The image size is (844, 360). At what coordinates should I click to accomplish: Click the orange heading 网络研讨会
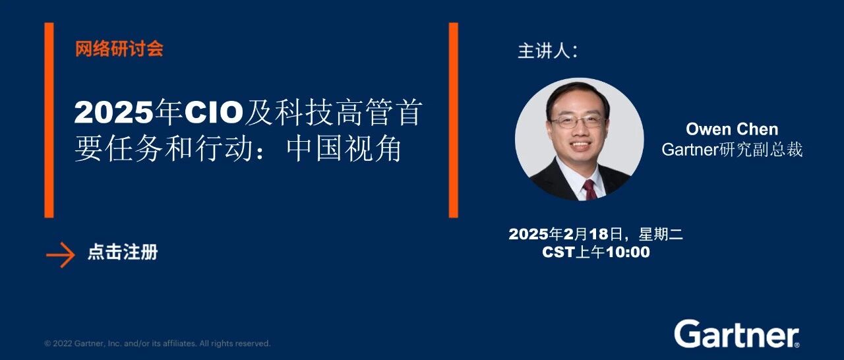coord(119,49)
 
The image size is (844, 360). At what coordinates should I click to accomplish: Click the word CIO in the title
coord(214,112)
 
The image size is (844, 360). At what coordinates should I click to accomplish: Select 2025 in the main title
coord(114,112)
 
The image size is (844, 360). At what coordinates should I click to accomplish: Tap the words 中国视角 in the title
coord(344,149)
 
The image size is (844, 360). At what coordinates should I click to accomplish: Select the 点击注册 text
coord(123,252)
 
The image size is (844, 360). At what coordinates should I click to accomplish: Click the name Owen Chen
coord(732,129)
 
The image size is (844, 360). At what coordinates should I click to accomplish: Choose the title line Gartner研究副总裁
coord(732,150)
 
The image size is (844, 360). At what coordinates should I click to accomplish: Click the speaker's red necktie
coord(589,189)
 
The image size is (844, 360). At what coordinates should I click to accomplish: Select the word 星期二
coord(661,234)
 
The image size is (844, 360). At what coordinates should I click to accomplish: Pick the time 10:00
coord(627,252)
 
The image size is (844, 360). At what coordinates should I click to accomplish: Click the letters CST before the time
coord(558,252)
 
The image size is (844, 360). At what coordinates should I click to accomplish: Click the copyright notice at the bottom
coord(158,344)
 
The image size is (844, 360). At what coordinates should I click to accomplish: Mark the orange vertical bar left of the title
coord(49,120)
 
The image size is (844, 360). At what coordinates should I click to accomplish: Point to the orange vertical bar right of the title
coord(453,120)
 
